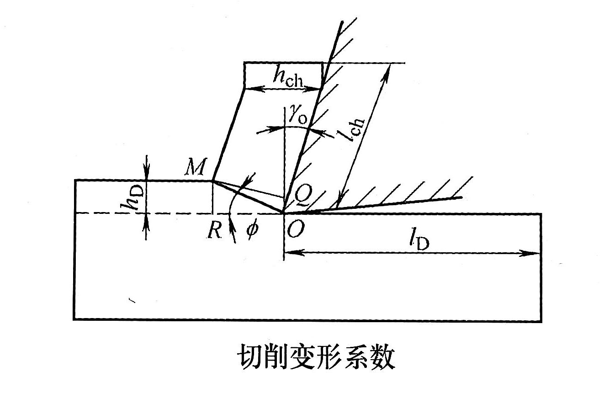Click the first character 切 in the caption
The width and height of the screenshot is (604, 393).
point(248,360)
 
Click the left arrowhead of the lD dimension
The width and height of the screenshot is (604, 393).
point(290,253)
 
